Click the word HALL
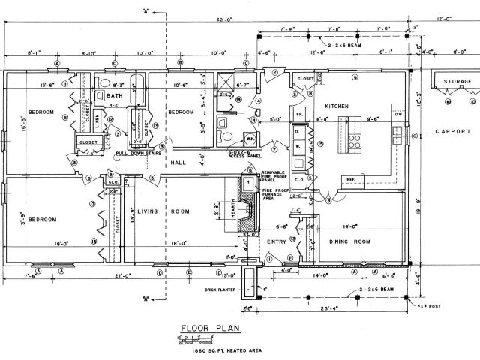click(x=178, y=162)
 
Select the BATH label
click(x=114, y=96)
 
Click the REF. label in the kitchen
click(x=350, y=180)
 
